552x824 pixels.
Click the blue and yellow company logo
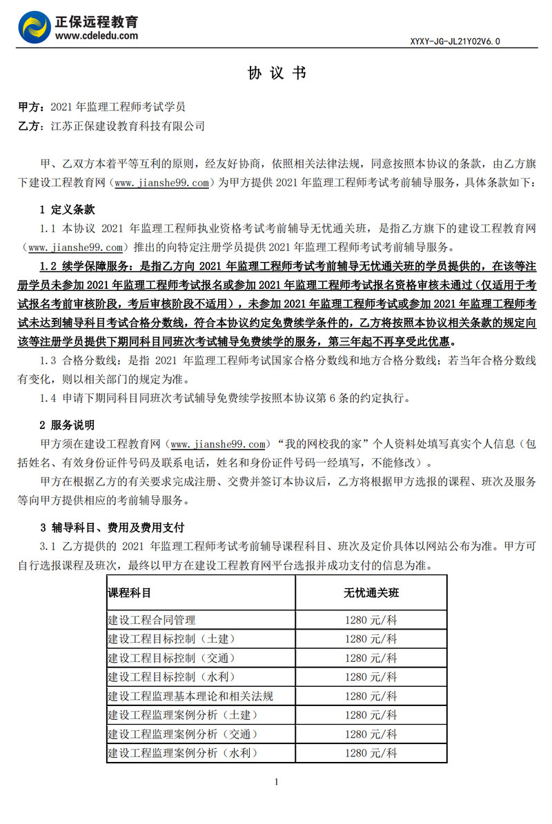point(35,27)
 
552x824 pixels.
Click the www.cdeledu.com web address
point(96,35)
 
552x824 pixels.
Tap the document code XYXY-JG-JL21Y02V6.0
point(455,41)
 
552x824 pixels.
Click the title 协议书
point(276,74)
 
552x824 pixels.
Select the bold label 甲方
point(28,108)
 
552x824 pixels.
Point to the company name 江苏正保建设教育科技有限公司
point(128,126)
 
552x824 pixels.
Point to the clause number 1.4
point(48,398)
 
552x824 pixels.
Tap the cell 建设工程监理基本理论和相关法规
point(190,696)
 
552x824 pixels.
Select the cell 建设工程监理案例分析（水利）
point(181,753)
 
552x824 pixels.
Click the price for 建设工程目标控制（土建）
point(371,639)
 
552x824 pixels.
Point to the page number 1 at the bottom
point(276,782)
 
